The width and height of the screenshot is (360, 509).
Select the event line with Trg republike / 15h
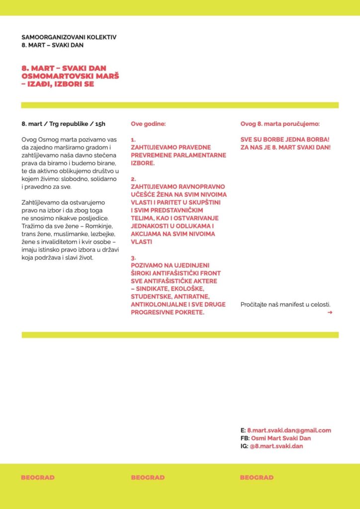tap(64, 123)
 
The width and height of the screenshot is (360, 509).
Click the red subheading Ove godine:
tap(148, 123)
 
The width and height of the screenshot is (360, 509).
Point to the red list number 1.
tap(133, 140)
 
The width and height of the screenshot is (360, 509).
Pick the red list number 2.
tap(134, 178)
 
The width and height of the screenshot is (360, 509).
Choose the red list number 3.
tap(134, 258)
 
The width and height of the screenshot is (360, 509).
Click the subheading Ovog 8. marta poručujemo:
tap(280, 123)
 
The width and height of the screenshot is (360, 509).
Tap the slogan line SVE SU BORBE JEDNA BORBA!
tap(285, 140)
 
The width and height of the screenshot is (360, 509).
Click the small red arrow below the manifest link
tap(330, 313)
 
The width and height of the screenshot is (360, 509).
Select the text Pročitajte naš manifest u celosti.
tap(285, 304)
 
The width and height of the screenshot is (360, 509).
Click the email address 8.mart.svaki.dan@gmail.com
tap(289, 430)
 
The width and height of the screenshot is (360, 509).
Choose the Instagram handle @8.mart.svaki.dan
tap(276, 446)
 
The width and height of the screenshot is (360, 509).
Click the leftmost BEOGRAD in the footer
tap(38, 478)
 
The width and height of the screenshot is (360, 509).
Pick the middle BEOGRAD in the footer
tap(148, 478)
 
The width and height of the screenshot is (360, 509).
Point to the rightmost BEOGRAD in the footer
tap(257, 478)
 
